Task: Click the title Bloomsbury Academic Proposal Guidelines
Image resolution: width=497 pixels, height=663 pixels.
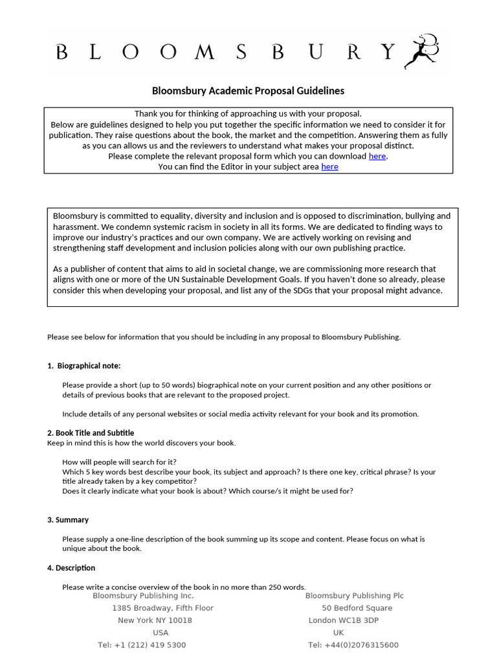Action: point(248,91)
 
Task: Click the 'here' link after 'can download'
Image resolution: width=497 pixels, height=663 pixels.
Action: point(377,156)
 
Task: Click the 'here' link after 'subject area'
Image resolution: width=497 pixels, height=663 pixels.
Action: point(329,166)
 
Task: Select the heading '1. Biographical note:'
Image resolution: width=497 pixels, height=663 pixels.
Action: point(83,366)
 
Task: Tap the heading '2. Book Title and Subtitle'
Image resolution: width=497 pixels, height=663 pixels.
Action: point(91,433)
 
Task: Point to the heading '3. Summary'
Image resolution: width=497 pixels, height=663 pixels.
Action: point(68,520)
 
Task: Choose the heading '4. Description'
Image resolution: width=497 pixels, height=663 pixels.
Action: point(71,568)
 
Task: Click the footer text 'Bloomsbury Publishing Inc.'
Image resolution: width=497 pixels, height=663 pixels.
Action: point(143,596)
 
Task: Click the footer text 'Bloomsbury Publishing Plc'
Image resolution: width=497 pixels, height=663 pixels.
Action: point(354,596)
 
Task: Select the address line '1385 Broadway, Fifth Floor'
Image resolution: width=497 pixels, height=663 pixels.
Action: point(162,608)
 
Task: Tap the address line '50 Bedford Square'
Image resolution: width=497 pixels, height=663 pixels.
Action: point(357,608)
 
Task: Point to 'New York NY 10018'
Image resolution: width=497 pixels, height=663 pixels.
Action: point(155,620)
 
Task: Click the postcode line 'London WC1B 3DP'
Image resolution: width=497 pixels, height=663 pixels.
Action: point(344,620)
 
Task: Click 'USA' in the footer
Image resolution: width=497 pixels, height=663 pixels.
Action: point(160,633)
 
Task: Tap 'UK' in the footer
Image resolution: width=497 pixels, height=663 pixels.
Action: point(338,633)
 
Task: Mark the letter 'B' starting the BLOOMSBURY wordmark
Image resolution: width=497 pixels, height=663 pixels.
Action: point(62,52)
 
